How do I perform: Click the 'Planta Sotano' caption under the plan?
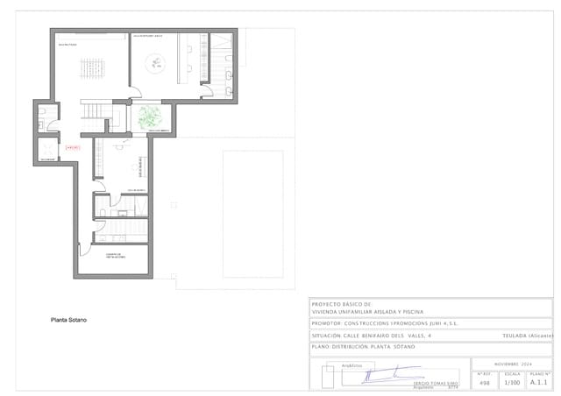[x=68, y=320]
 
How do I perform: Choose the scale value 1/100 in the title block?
[x=512, y=383]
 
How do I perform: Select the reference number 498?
[x=485, y=383]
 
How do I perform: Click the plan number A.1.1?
[x=539, y=383]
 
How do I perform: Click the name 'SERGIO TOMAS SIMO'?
[x=437, y=384]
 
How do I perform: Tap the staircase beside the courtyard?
[x=94, y=110]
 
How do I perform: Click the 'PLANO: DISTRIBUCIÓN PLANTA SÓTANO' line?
[x=363, y=347]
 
